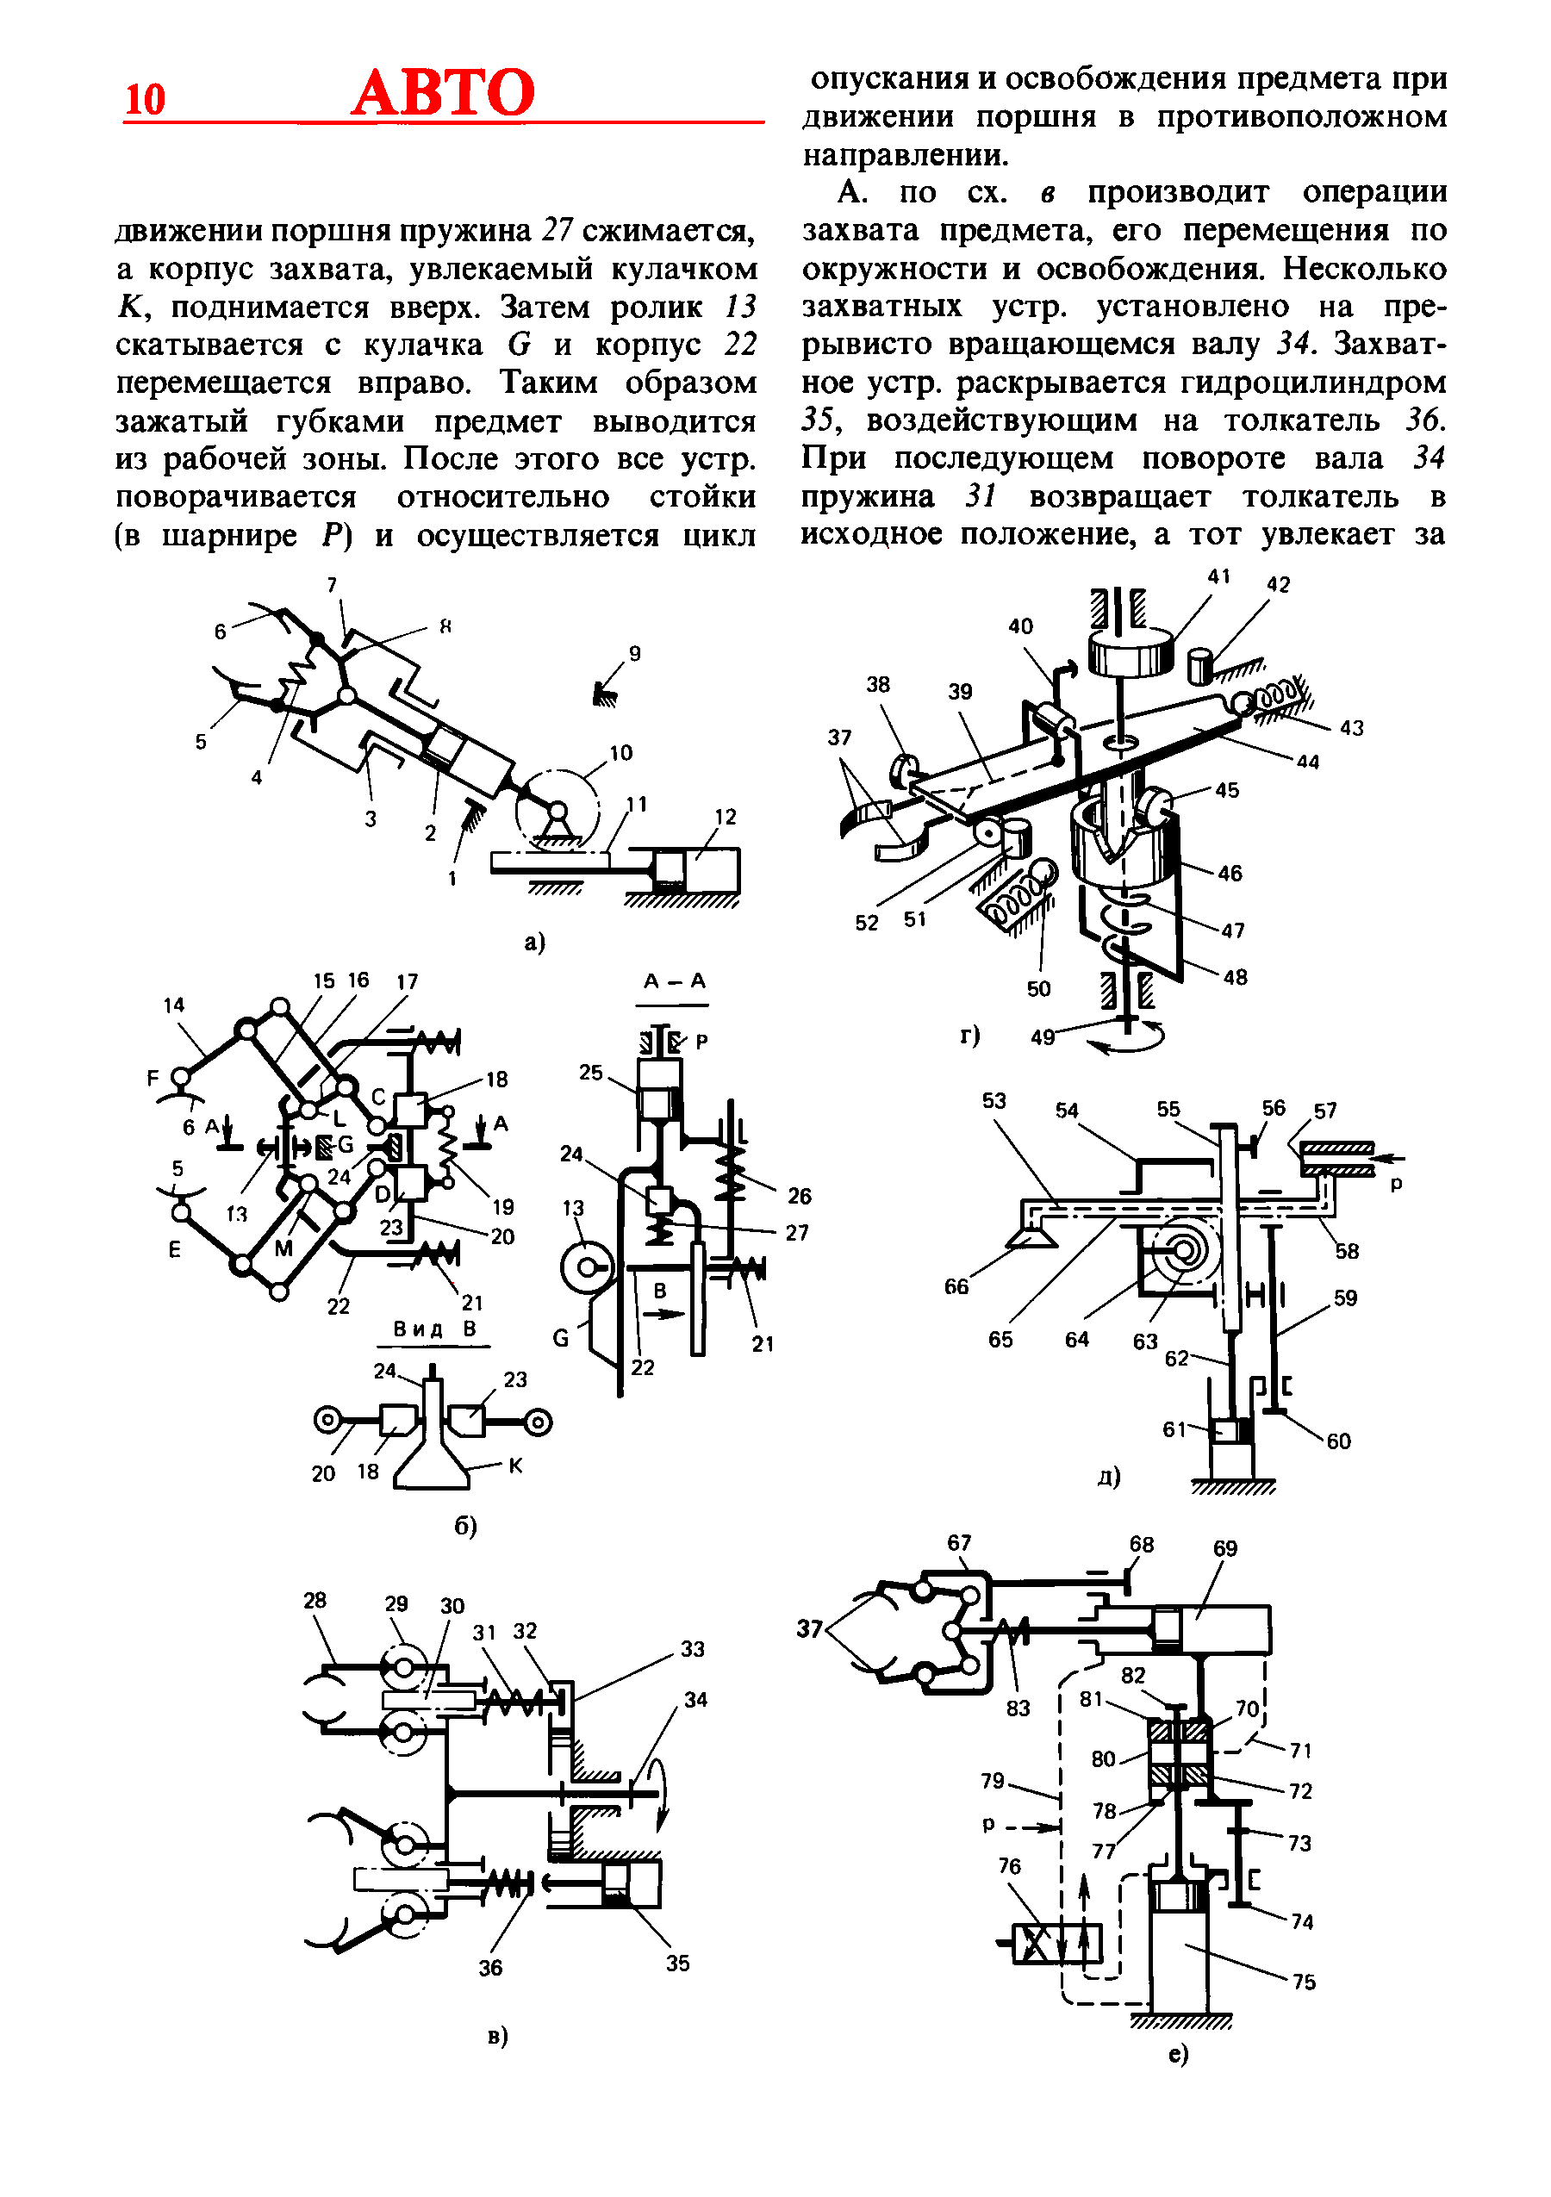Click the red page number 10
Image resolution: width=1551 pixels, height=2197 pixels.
[x=146, y=100]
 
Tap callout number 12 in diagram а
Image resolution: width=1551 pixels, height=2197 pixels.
[x=726, y=816]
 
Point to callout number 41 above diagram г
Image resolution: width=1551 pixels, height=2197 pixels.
[x=1218, y=576]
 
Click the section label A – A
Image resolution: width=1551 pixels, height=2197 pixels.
[x=674, y=980]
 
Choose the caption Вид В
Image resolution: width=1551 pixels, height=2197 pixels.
[x=434, y=1329]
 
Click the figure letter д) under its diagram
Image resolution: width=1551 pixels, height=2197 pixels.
[x=1108, y=1477]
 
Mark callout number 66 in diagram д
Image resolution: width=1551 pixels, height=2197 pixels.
[x=956, y=1286]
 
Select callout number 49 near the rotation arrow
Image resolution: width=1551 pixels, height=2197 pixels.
[x=1042, y=1037]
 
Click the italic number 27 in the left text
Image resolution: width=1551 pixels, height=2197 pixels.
[x=557, y=231]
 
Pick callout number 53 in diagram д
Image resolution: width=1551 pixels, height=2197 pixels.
[x=994, y=1100]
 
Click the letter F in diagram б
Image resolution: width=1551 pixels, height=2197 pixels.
[x=153, y=1079]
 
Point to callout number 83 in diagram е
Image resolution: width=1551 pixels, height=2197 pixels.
[x=1017, y=1708]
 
